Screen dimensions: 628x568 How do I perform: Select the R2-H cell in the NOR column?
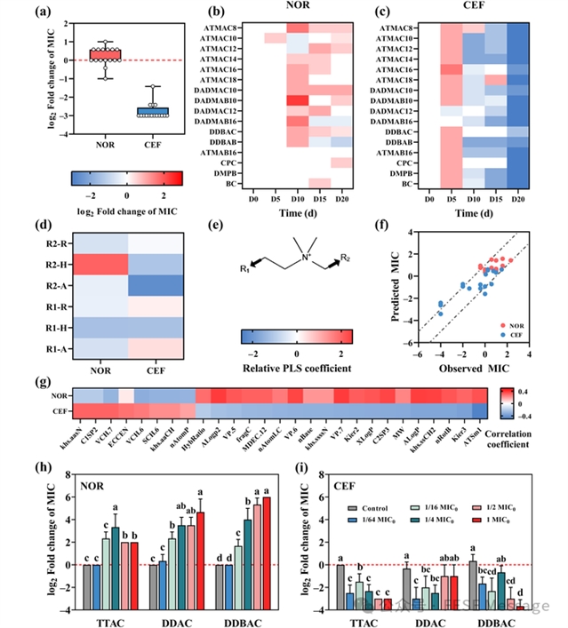(98, 263)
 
